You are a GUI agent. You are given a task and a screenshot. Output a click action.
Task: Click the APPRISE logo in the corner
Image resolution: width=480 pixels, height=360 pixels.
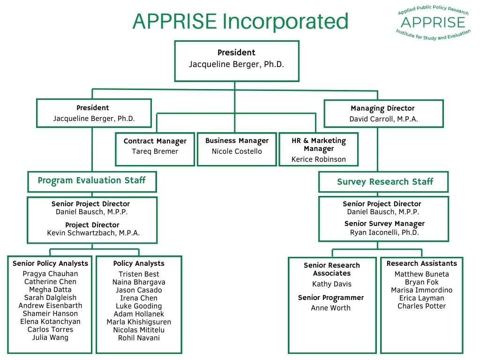tap(433, 22)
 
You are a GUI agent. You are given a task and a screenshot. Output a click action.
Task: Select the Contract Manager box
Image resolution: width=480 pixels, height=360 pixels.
tap(155, 149)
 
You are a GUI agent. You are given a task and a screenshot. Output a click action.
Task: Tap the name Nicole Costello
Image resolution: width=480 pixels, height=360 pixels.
tap(237, 151)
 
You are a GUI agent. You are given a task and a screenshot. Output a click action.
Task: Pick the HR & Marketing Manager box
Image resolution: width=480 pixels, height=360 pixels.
tap(319, 149)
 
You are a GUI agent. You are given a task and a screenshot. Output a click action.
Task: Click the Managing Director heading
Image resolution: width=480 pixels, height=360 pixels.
tap(382, 108)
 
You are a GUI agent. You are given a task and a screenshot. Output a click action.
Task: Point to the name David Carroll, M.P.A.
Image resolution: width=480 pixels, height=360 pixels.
tap(383, 119)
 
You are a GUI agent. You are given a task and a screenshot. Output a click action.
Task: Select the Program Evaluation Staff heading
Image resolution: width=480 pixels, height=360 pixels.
tap(92, 181)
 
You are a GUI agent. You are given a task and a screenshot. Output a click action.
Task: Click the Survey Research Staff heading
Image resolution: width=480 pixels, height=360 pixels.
tap(385, 182)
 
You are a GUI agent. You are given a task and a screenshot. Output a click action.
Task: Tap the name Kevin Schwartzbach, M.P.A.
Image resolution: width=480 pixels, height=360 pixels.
tap(93, 233)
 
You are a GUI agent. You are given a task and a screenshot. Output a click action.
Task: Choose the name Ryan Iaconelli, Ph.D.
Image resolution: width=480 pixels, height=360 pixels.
tap(384, 232)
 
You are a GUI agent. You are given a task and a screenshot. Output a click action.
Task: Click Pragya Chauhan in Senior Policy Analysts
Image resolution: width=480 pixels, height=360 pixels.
tap(50, 274)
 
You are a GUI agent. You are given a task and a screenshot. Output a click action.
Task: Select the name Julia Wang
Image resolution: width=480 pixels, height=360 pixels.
tap(50, 337)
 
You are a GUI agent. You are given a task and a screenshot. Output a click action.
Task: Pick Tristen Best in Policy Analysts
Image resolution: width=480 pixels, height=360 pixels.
tap(139, 274)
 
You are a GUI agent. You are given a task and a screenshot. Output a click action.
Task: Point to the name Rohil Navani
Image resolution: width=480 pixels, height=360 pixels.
tap(139, 338)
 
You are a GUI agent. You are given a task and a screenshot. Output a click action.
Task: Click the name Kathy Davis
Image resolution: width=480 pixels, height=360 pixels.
tap(331, 284)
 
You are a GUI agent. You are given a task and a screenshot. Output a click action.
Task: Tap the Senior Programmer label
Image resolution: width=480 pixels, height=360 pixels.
tap(331, 298)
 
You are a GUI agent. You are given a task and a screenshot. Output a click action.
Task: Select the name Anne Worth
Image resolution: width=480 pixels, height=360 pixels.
tap(331, 308)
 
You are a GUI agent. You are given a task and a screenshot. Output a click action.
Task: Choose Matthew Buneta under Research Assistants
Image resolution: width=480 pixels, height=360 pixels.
tap(421, 274)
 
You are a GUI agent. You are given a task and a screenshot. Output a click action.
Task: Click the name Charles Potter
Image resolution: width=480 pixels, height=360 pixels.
tap(421, 306)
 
